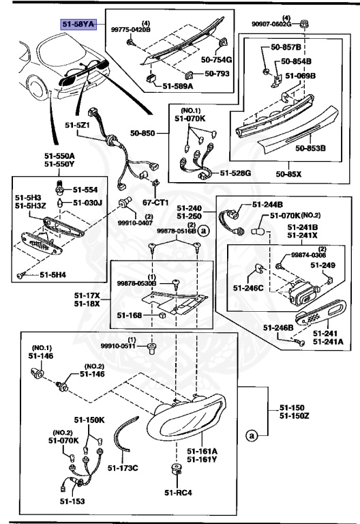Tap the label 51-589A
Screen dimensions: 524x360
tap(179, 87)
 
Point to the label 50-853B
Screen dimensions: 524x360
tap(310, 147)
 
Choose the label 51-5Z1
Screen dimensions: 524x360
tap(78, 126)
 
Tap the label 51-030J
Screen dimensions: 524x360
tap(87, 203)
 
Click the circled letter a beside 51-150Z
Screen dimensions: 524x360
tap(253, 435)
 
